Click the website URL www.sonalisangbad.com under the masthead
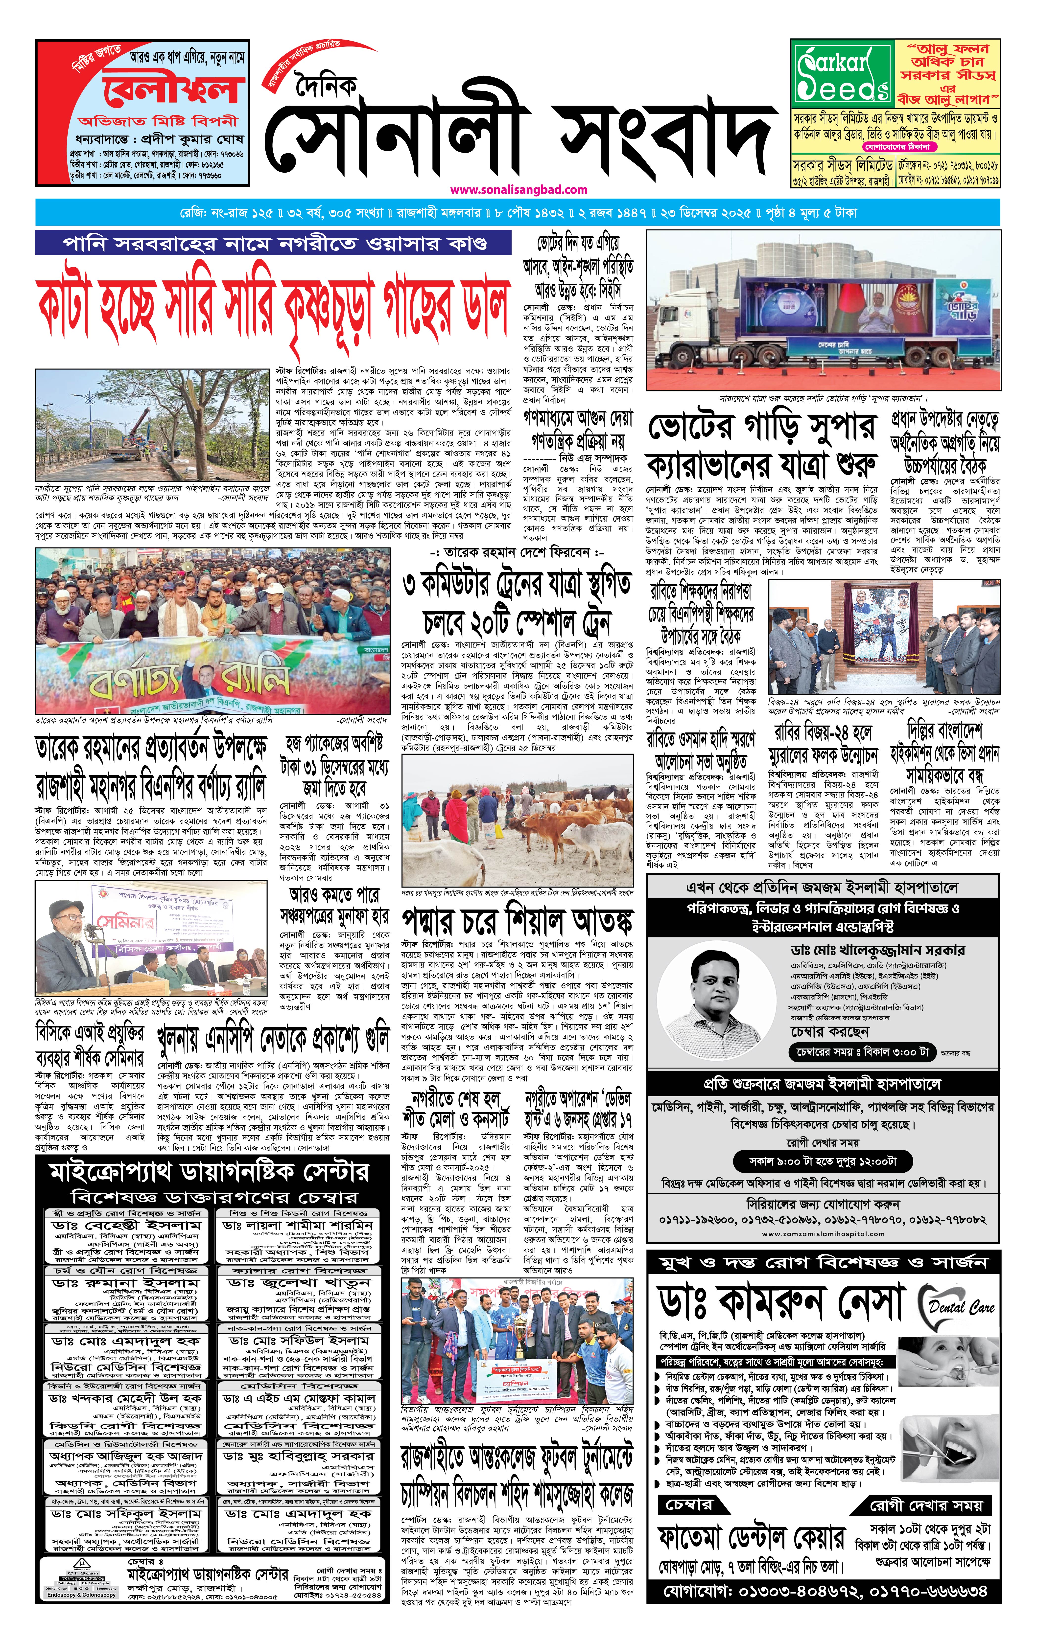coord(518,190)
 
